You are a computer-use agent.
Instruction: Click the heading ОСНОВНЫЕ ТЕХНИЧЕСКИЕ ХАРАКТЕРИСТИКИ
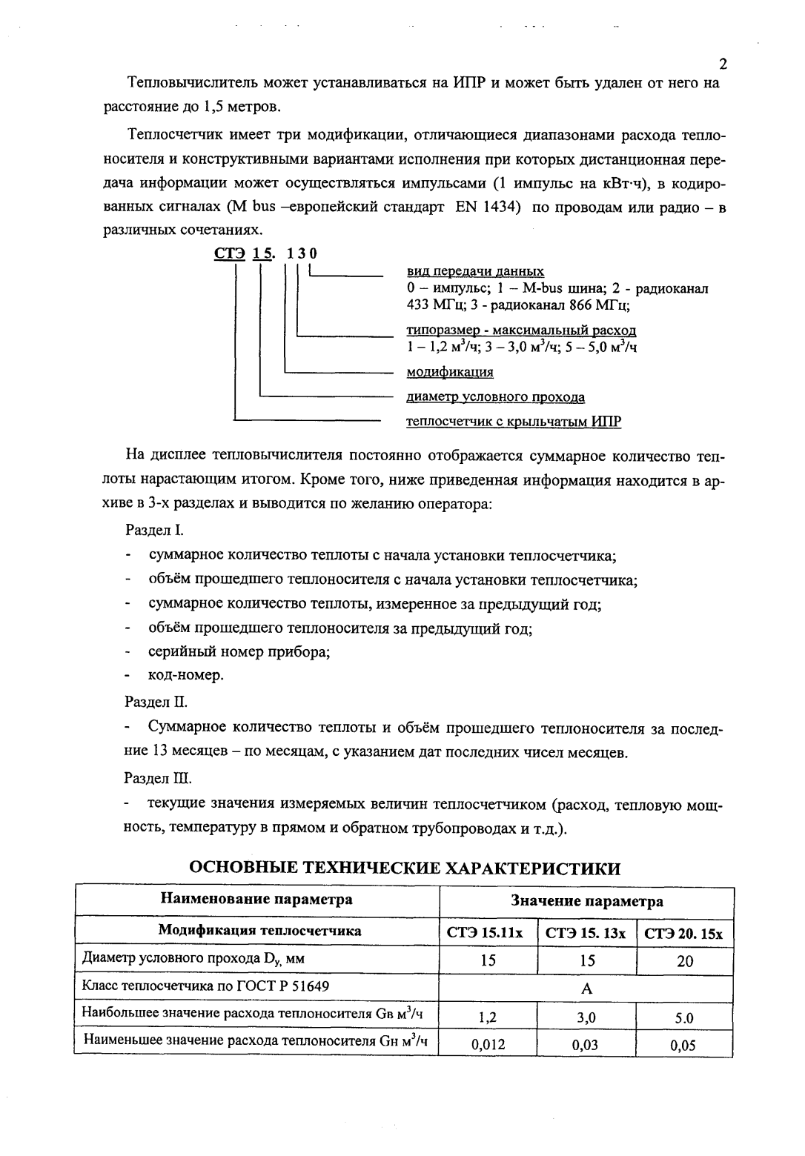405,868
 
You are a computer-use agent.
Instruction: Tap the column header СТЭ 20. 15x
684,934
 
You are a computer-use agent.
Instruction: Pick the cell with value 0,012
488,1045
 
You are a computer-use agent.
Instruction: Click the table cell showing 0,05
684,1046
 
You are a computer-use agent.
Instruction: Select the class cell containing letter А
586,989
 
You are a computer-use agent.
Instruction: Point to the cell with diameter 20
685,961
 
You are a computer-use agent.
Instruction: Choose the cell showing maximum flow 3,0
586,1017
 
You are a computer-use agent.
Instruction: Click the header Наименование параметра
257,900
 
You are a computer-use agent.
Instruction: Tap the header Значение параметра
586,901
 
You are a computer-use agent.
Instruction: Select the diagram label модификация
450,372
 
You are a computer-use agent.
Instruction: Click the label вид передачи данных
475,271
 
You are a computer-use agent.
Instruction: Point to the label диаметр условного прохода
496,397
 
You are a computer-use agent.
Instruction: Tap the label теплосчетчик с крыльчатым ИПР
514,422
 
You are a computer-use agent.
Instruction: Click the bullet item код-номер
185,675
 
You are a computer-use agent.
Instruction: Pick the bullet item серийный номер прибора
239,652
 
